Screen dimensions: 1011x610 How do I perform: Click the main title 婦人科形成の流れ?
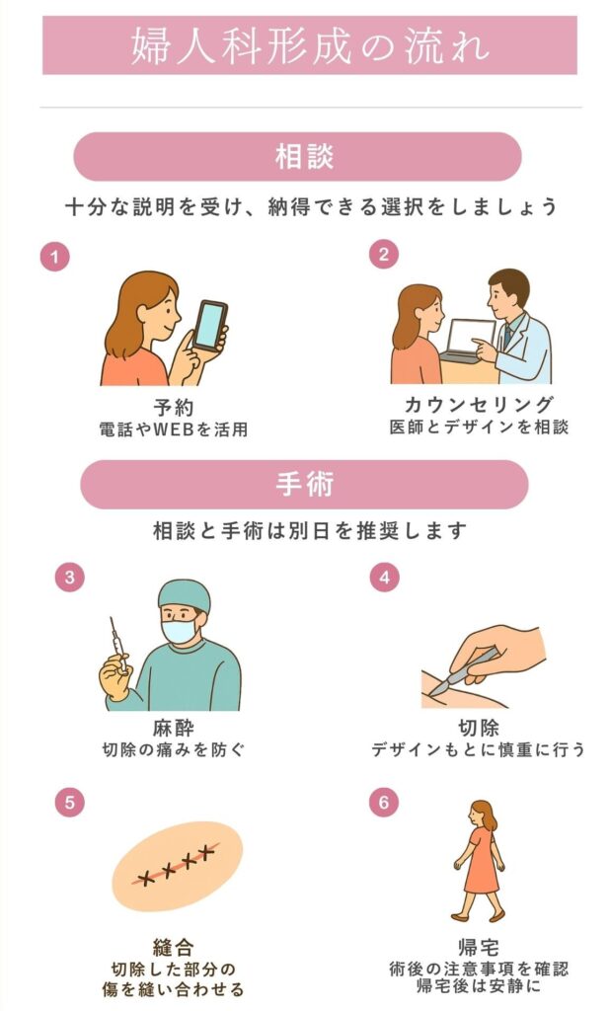point(309,47)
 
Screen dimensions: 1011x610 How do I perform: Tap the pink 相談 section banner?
point(297,156)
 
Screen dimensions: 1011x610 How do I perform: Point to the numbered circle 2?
point(384,254)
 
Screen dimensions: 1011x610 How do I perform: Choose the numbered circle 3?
point(69,578)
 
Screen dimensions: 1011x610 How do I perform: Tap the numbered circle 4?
point(384,578)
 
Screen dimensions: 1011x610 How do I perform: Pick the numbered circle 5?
point(69,802)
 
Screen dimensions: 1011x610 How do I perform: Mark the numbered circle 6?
point(384,802)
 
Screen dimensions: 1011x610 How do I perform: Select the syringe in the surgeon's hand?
point(118,648)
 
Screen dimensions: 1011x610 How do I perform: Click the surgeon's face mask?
point(181,630)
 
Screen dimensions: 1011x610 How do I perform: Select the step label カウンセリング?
point(479,405)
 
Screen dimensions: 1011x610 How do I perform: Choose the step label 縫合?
point(173,948)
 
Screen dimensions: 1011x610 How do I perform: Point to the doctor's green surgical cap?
point(185,595)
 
